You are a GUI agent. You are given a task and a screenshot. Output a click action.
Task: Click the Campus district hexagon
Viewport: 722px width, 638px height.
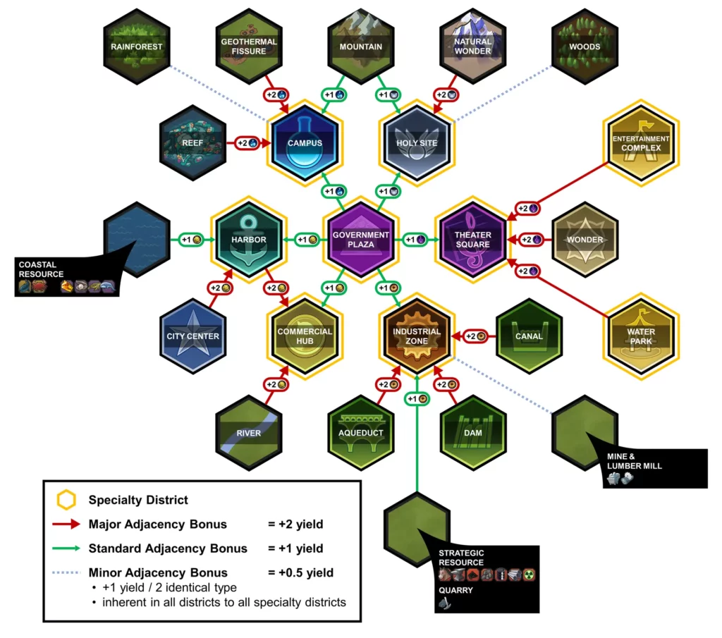click(305, 143)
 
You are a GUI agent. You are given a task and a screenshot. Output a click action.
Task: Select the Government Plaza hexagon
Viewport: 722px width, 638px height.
click(360, 240)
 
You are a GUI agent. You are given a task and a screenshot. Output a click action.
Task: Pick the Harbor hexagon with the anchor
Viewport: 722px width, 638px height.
click(249, 240)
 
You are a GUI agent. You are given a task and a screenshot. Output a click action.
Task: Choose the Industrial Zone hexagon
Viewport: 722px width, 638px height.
click(417, 336)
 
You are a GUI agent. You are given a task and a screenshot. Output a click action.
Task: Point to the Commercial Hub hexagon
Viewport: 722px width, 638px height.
click(305, 336)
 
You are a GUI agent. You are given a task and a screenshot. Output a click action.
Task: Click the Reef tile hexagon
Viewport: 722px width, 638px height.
click(192, 143)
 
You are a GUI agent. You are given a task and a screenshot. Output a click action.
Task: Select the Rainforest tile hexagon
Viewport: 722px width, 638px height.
click(136, 47)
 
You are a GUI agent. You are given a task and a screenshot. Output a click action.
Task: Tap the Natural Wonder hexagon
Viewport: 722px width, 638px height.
click(473, 47)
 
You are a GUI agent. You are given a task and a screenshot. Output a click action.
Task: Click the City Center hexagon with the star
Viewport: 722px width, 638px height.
click(192, 336)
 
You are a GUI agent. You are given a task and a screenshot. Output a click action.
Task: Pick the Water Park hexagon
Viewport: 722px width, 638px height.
click(641, 336)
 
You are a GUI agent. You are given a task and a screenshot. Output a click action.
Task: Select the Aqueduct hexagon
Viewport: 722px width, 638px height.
click(361, 432)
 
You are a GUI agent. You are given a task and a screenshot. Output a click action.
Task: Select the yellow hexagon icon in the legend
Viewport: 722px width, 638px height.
click(66, 500)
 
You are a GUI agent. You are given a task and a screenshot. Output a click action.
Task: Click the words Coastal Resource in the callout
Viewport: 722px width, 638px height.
click(41, 269)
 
